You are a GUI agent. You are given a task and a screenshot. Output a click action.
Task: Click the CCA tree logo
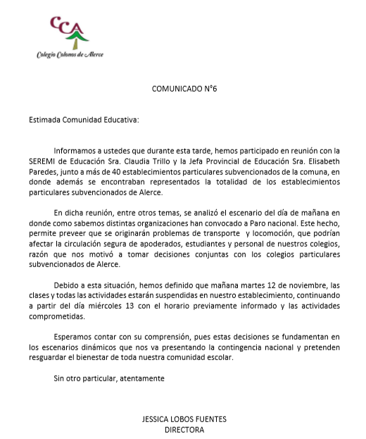coord(69,31)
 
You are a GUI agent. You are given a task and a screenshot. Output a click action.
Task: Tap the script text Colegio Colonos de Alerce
coord(70,54)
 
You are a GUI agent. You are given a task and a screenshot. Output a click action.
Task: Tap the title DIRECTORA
coord(184,429)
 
